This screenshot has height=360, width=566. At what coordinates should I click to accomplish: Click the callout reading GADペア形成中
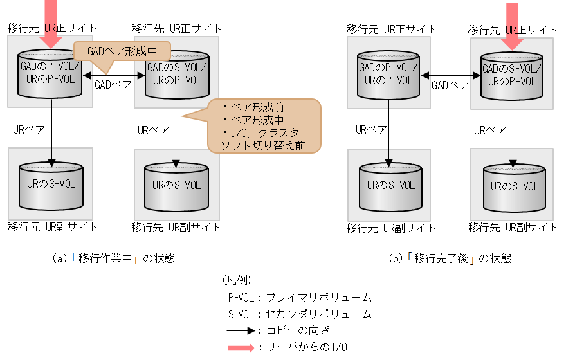[x=122, y=51]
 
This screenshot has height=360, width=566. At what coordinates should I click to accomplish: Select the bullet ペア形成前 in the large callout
[x=250, y=107]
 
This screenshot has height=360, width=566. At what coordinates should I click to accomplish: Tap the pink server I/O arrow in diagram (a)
[x=48, y=19]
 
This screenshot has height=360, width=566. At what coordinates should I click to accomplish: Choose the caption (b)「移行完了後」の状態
[x=450, y=258]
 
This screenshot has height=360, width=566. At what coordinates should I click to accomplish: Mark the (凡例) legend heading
[x=235, y=281]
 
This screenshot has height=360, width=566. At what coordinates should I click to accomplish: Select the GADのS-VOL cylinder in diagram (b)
[x=513, y=74]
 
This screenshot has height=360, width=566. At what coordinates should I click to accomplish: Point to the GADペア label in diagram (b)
[x=450, y=84]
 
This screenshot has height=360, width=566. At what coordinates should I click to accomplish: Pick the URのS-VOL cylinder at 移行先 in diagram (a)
[x=176, y=186]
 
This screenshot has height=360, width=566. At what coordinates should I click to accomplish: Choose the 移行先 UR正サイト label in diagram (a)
[x=177, y=28]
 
